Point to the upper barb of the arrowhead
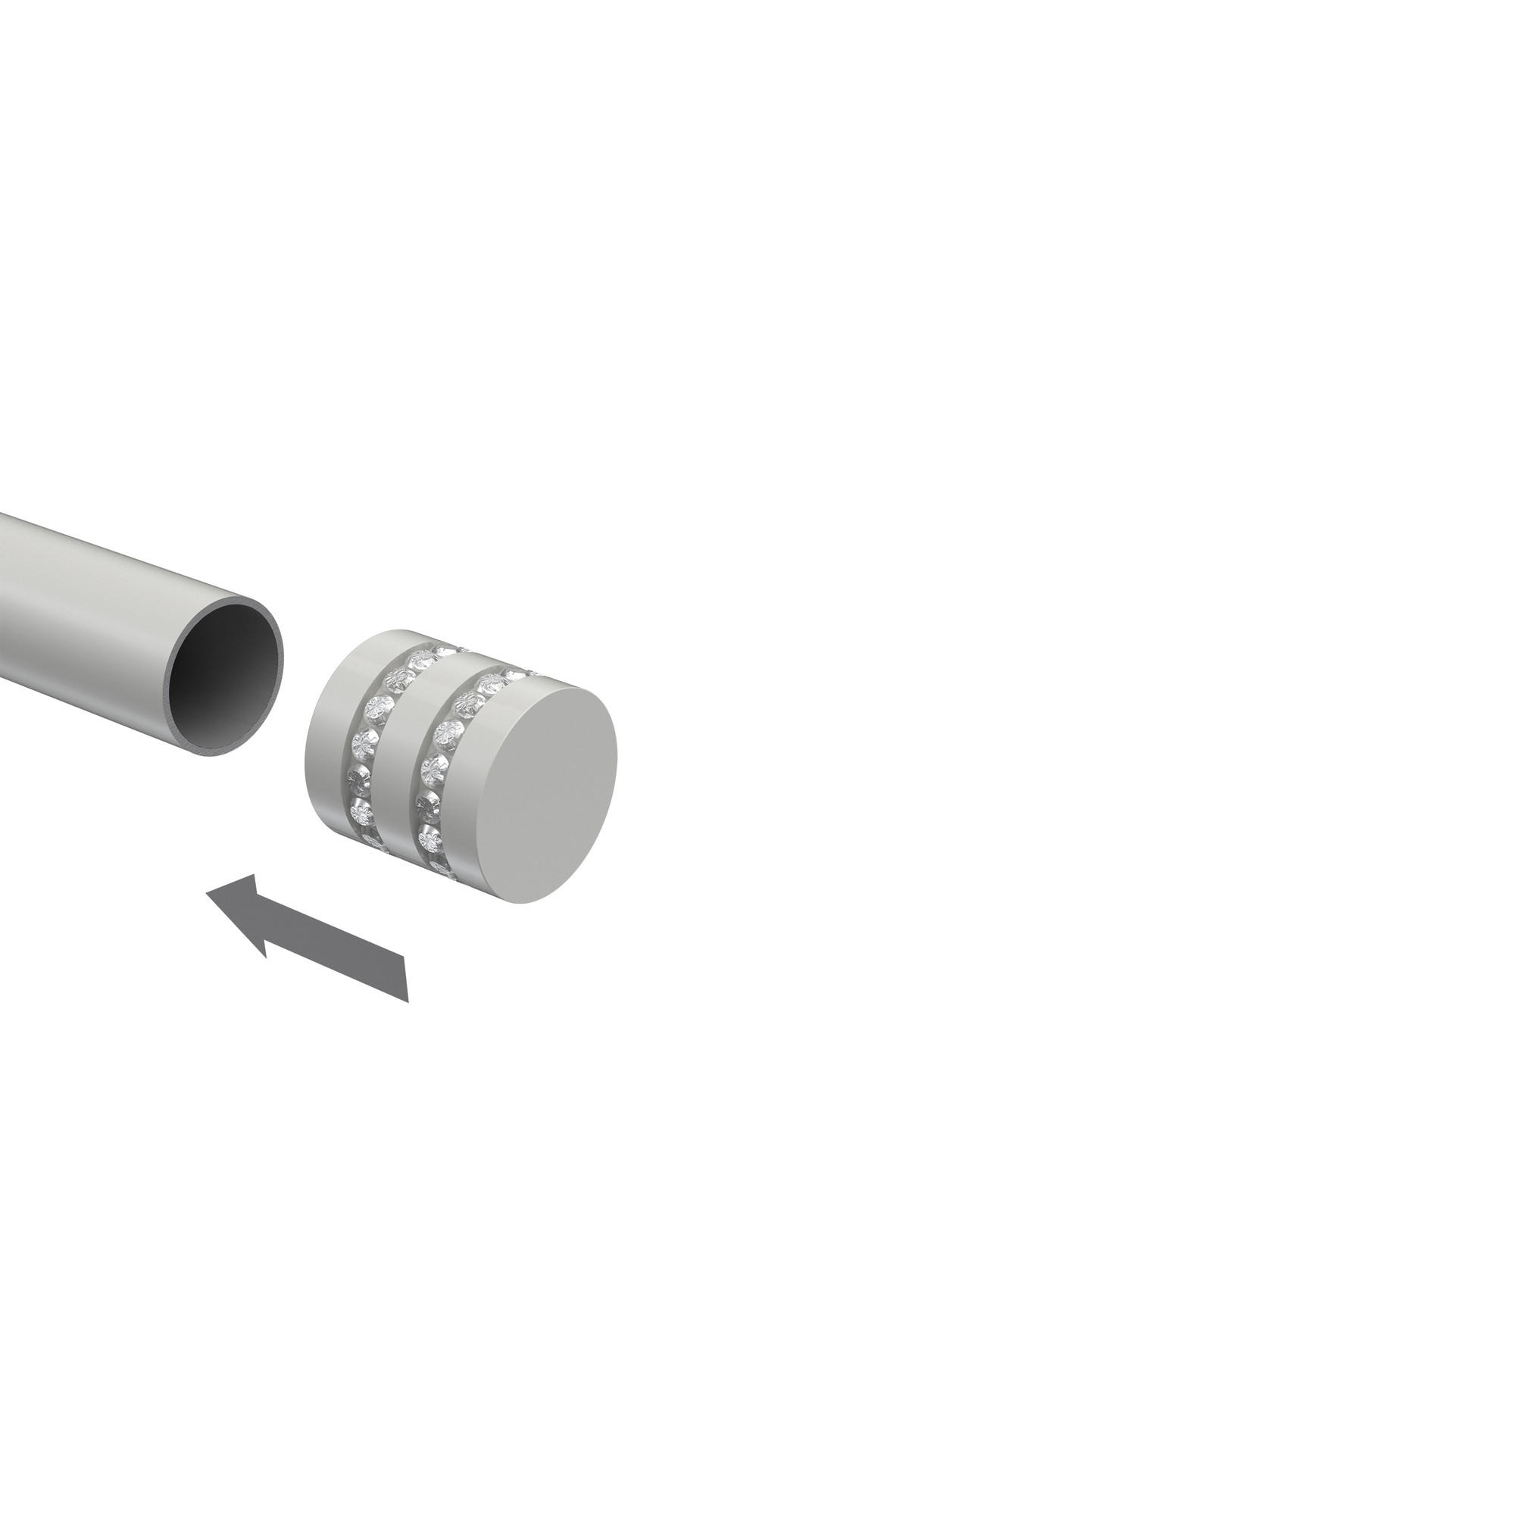click(x=255, y=874)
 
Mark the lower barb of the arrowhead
click(x=266, y=957)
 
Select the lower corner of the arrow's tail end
click(x=408, y=1001)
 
